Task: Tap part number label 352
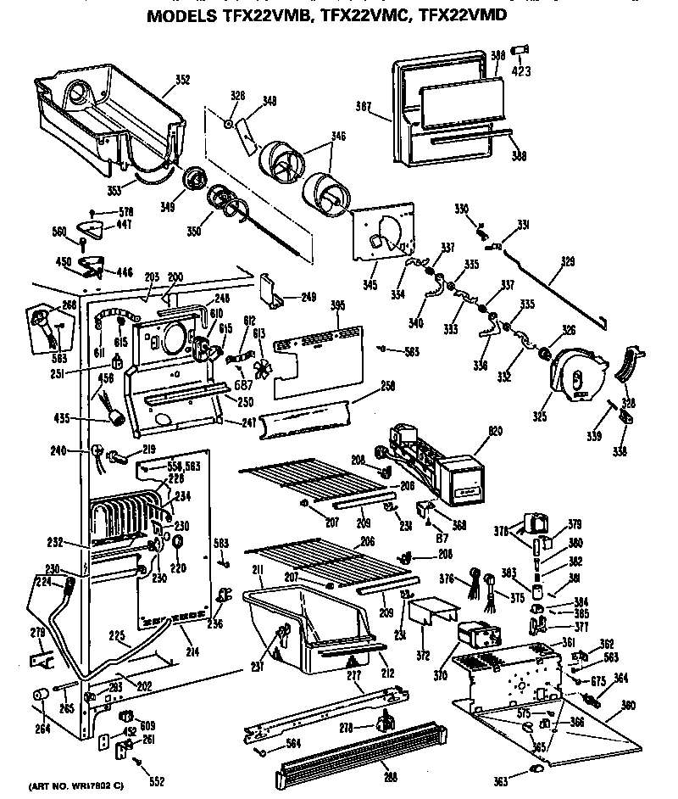[x=182, y=81]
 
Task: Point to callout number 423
[x=522, y=71]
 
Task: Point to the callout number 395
[x=336, y=305]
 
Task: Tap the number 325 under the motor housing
[x=540, y=416]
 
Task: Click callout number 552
[x=156, y=782]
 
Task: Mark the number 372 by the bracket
[x=423, y=656]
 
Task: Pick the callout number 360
[x=628, y=704]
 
